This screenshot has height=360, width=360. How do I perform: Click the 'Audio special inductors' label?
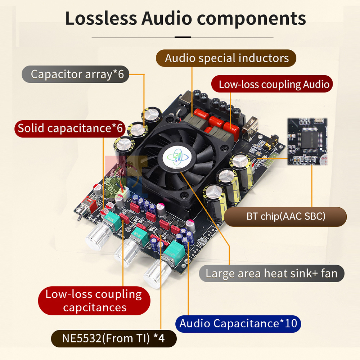click(x=226, y=58)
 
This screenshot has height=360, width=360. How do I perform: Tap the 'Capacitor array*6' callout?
click(x=76, y=74)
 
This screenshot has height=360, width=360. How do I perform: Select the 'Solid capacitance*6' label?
click(x=70, y=129)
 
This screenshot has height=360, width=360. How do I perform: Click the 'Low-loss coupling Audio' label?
click(x=272, y=84)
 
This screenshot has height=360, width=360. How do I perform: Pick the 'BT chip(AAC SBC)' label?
click(x=285, y=216)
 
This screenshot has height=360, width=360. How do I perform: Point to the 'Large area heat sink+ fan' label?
click(x=271, y=274)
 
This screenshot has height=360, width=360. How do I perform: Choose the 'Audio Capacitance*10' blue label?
click(x=238, y=324)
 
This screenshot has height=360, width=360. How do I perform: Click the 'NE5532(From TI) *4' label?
click(x=114, y=338)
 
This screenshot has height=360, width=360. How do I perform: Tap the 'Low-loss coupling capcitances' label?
click(x=94, y=301)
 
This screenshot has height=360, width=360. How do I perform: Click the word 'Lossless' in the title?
click(x=101, y=18)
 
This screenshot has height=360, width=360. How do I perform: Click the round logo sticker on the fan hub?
click(x=176, y=157)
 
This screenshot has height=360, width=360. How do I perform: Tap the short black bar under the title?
click(x=183, y=37)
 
